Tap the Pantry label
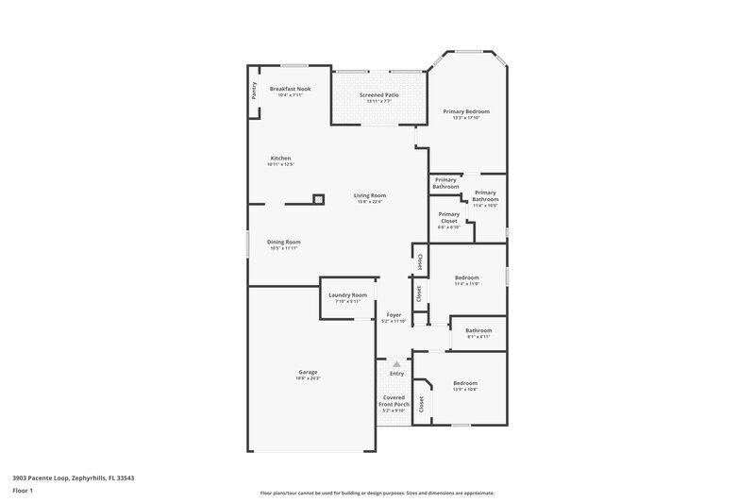(254, 91)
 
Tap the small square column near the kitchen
(319, 199)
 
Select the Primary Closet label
(448, 220)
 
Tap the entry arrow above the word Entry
(396, 363)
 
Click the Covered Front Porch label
(395, 404)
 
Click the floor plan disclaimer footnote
(377, 492)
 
